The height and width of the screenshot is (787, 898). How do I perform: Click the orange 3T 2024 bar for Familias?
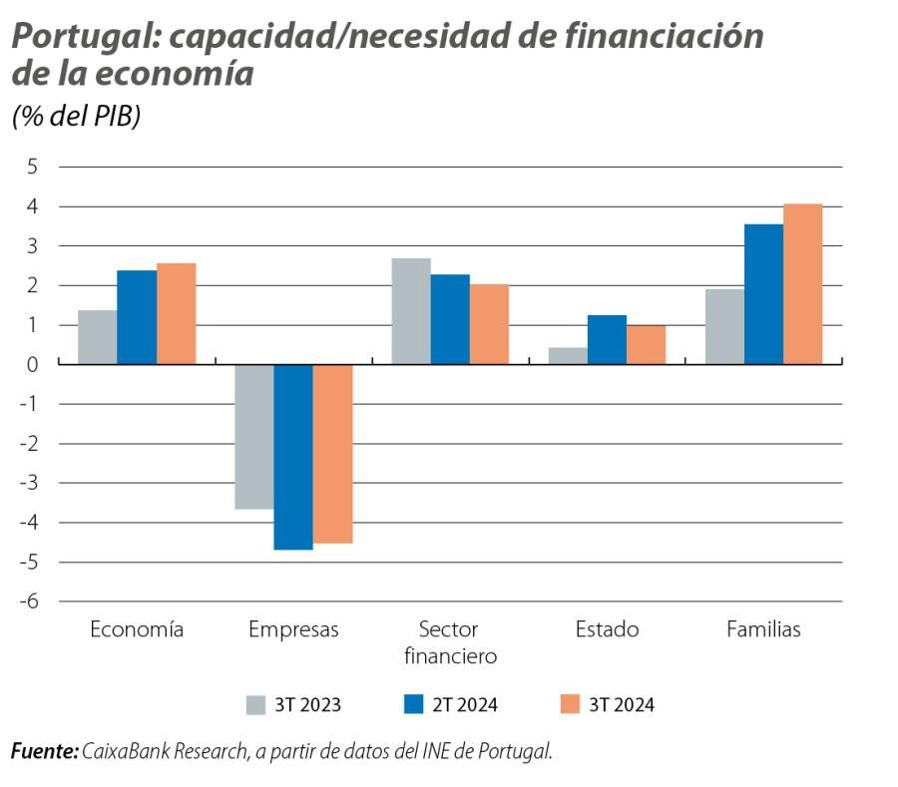point(802,284)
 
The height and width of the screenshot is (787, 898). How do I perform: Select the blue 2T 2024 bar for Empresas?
point(293,457)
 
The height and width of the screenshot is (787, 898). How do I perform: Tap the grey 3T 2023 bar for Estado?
point(568,356)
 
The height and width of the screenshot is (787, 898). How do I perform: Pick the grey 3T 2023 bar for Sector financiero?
point(411,311)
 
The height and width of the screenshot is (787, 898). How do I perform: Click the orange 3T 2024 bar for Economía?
point(176,313)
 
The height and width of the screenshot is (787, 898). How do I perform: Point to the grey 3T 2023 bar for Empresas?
point(254,437)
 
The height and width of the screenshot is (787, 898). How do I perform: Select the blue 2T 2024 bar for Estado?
point(607,339)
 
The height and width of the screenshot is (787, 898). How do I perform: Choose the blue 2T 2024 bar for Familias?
point(763,294)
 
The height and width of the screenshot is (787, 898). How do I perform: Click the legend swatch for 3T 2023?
point(256,705)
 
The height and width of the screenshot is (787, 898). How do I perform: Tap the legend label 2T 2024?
point(464,705)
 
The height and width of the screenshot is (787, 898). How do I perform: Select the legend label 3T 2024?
point(622,705)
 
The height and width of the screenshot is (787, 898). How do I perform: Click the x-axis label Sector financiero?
point(449,642)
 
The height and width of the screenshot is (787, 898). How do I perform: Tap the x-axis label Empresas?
point(293,629)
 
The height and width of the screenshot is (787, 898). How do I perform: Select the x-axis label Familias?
point(763,629)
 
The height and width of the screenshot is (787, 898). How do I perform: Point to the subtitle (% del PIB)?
point(76,116)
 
